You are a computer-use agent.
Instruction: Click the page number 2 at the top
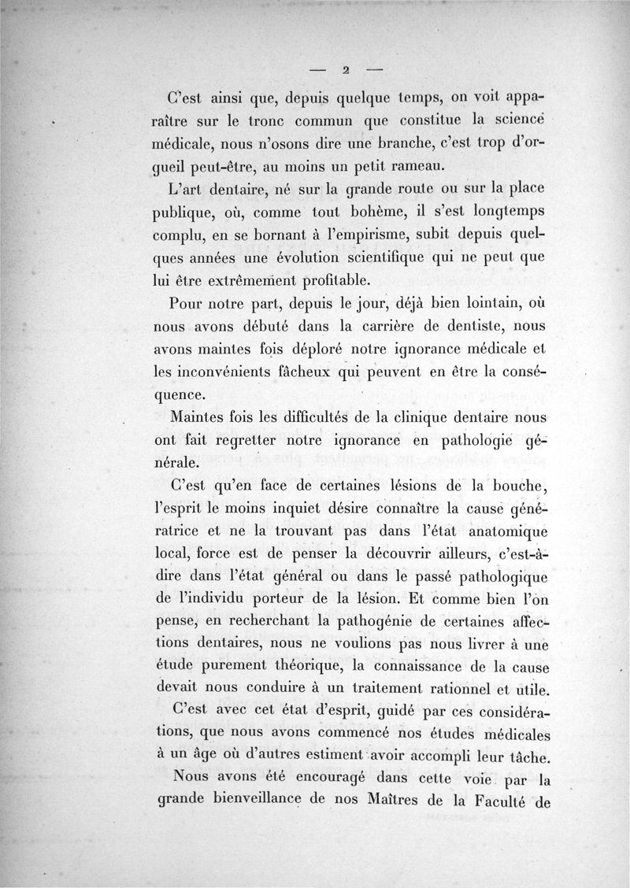pyautogui.click(x=345, y=69)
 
